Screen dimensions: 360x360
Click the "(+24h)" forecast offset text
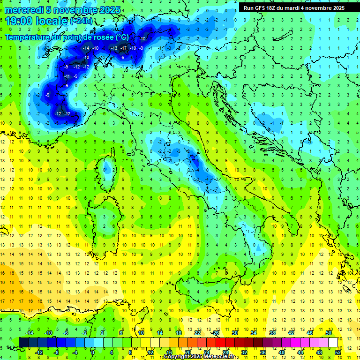(81, 21)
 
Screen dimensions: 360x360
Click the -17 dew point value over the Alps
(124, 48)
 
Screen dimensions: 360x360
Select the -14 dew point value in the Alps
(86, 48)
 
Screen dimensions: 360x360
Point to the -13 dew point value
(114, 48)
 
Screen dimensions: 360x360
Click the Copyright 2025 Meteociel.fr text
(199, 357)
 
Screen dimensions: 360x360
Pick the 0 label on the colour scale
(93, 352)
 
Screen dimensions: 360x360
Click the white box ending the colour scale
(333, 342)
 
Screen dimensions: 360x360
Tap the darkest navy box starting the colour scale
(23, 342)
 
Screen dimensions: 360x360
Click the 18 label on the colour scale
(178, 332)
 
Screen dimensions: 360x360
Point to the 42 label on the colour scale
(291, 332)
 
